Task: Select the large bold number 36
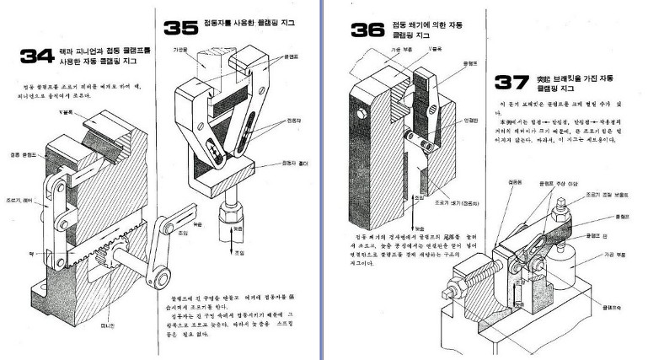368,31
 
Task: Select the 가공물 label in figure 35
179,50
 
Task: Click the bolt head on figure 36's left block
360,111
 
